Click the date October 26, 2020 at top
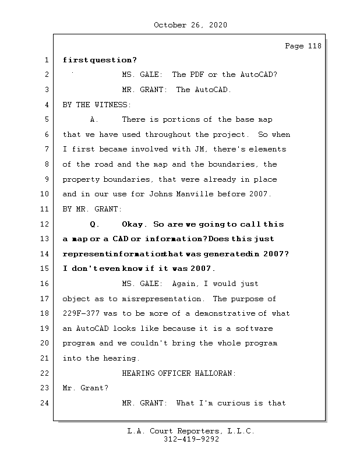point(190,25)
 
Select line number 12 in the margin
point(45,224)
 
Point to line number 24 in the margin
point(45,403)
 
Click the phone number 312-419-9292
point(191,440)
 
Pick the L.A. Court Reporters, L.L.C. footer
point(191,431)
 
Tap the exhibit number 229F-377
point(86,313)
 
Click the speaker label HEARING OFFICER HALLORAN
point(179,373)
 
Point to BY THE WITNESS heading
point(97,105)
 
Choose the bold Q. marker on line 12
point(96,224)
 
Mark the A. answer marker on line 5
point(94,120)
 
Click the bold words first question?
point(100,60)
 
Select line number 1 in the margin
point(45,60)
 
